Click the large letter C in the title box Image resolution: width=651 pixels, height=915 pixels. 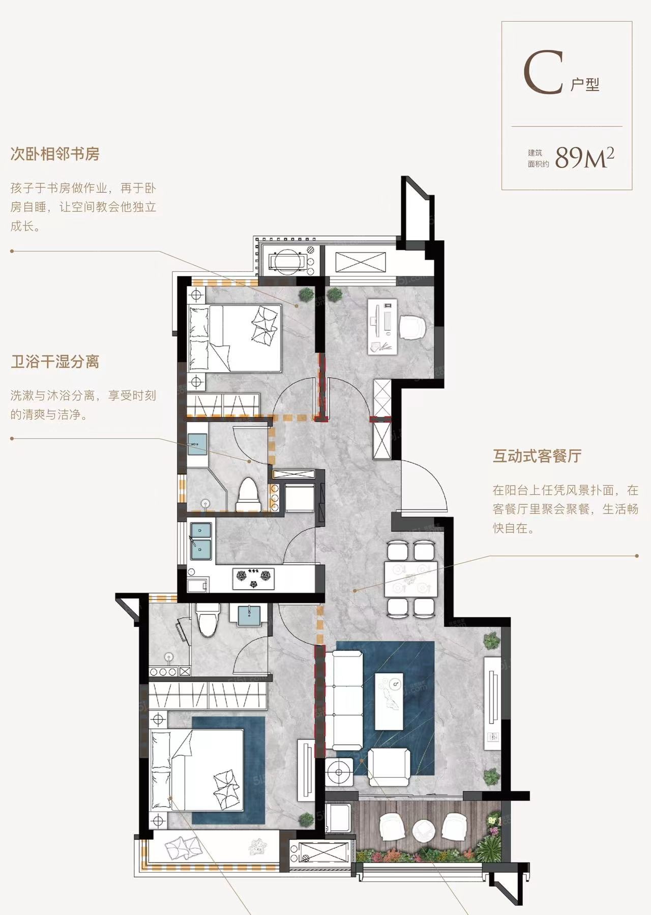pos(544,72)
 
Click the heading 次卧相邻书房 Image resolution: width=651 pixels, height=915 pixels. pos(55,154)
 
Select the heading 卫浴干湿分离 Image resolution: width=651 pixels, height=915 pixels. pos(55,362)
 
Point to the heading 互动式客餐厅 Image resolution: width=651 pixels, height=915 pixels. pos(537,455)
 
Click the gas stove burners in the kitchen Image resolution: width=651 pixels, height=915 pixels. pos(253,579)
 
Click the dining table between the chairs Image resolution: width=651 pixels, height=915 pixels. pos(411,579)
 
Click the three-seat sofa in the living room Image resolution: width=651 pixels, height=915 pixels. pos(344,700)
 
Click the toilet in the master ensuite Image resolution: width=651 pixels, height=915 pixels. pos(207,620)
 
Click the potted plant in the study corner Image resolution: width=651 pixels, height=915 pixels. pos(334,295)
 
